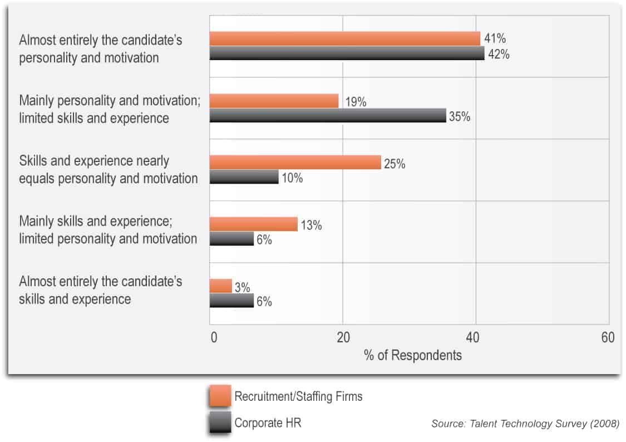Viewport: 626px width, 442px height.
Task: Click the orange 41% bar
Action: (344, 38)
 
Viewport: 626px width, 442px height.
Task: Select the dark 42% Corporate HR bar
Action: (347, 53)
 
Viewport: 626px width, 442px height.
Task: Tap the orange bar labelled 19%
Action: (274, 101)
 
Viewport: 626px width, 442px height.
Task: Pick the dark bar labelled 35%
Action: (328, 115)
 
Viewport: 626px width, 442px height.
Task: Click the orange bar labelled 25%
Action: (295, 163)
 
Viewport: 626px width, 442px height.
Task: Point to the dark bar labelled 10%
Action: (244, 177)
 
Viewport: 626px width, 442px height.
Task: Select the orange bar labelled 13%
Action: (253, 224)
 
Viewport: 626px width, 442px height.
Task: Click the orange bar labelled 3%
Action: (220, 286)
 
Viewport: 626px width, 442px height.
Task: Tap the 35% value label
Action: (460, 117)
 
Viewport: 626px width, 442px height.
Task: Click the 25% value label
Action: (395, 164)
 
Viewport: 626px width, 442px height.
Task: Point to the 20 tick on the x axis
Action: (343, 338)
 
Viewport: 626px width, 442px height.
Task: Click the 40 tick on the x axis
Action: (475, 338)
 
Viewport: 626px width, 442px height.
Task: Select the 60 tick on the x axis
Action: (608, 338)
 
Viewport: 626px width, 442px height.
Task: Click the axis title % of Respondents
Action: (413, 355)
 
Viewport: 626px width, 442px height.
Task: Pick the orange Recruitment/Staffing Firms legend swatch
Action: (220, 396)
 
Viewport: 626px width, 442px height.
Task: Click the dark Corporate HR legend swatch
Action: (220, 423)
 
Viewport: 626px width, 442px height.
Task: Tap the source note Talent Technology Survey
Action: (525, 424)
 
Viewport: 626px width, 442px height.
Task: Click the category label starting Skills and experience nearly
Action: (109, 170)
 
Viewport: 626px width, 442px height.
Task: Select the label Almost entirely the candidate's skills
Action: (101, 290)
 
